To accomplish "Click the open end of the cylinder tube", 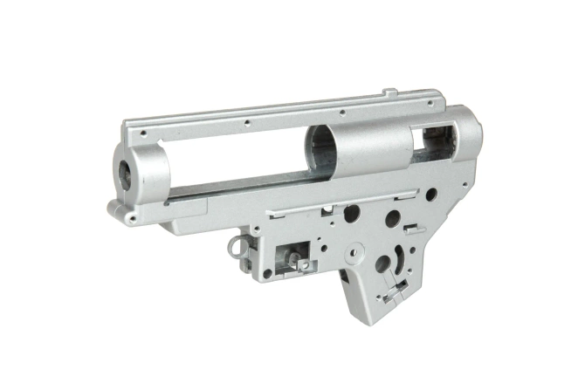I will [318, 139].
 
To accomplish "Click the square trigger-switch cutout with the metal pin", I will [290, 257].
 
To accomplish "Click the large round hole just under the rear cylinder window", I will [431, 193].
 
